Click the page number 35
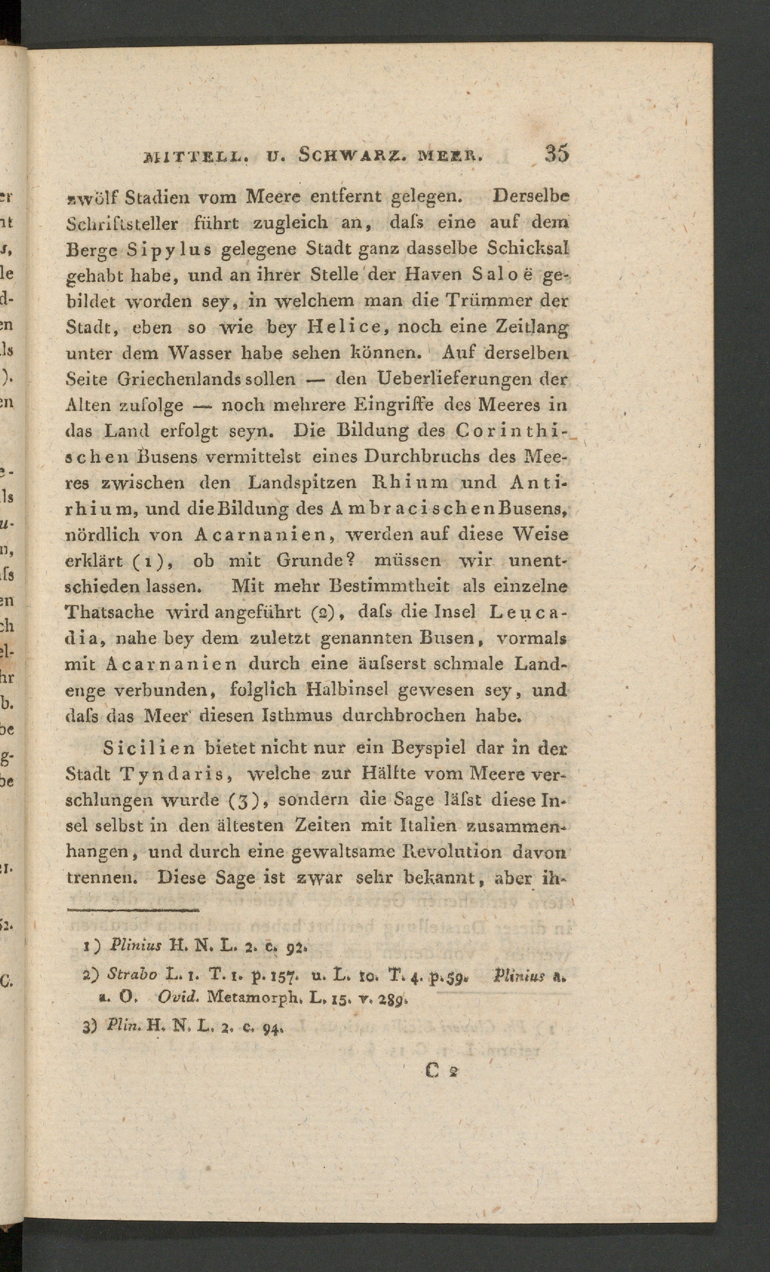(x=556, y=153)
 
